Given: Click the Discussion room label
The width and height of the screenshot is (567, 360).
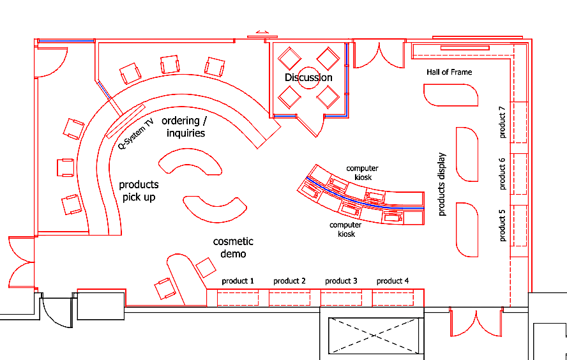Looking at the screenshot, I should point(308,77).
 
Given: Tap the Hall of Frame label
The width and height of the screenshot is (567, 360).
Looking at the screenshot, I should point(449,72).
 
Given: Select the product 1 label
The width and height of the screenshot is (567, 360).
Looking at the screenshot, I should point(238,281).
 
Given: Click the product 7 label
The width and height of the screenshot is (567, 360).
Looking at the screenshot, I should point(502,122).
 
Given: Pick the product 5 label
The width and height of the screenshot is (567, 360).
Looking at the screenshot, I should point(502,225).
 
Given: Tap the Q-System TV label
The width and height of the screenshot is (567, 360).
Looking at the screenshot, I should point(136,133).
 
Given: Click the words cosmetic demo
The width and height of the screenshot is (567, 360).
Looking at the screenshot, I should point(233,248).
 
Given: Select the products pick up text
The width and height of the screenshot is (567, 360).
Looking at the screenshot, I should point(139,191).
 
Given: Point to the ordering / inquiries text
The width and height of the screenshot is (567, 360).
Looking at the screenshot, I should point(185,127).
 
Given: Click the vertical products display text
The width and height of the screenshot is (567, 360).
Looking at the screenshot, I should point(442,184).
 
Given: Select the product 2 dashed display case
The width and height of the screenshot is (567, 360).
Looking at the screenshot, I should point(289,298).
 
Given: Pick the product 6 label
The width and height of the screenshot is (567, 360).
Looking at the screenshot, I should point(502,173).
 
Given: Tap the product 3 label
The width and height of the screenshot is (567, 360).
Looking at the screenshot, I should point(341,281).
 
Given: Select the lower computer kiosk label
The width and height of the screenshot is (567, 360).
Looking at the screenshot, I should point(345,229).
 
